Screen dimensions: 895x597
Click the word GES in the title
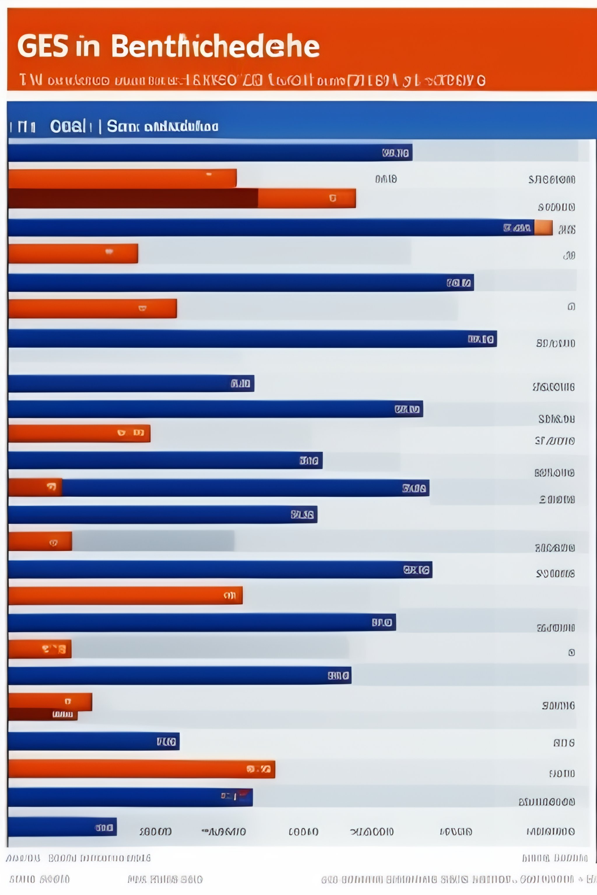tap(43, 46)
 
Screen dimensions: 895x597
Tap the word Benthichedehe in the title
tap(215, 46)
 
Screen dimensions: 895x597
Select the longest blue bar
tap(266, 228)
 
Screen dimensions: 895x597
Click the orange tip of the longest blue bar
tap(543, 228)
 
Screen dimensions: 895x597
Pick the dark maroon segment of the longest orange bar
tap(133, 198)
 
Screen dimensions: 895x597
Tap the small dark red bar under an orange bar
tap(43, 714)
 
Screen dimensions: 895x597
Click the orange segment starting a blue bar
tap(35, 487)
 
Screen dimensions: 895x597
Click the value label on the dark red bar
tap(62, 714)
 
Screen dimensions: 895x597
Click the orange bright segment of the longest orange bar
tap(306, 198)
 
